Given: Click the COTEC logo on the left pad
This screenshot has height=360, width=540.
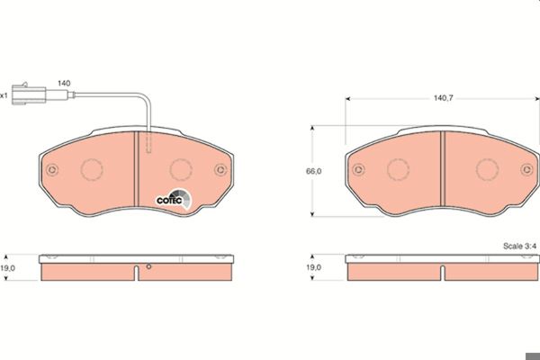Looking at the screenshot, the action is point(174,199).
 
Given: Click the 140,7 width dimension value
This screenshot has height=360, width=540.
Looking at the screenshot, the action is point(443,98).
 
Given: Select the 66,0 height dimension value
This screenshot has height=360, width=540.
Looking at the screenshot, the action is point(313,171).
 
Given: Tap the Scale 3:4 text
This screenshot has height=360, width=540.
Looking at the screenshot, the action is point(519,246).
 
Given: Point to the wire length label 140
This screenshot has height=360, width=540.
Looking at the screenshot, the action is point(64,84).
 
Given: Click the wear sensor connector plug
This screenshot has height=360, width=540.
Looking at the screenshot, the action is point(29,94).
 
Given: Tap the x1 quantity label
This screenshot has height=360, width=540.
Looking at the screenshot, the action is point(4,95).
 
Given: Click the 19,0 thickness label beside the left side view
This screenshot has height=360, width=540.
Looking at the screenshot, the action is point(7,268).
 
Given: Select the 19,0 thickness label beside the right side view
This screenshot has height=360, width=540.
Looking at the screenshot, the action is point(313,267).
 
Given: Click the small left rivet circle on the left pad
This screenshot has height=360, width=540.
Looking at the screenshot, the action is point(52,169).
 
